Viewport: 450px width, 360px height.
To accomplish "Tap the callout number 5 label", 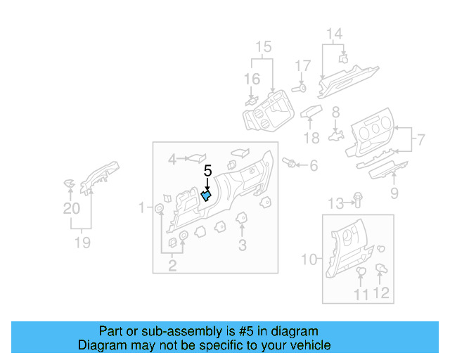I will coord(207,171).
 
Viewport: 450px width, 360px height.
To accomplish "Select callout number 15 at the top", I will coord(263,48).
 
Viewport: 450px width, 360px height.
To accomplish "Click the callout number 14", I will coord(333,34).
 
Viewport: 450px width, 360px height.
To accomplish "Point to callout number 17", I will coord(302,67).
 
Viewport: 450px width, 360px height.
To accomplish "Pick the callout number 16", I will coord(252,79).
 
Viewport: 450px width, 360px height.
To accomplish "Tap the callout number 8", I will coord(335,112).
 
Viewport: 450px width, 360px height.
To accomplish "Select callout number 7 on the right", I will coord(420,139).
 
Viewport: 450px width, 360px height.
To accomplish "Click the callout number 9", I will coord(394,193).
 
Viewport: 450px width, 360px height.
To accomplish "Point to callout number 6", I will coord(313,165).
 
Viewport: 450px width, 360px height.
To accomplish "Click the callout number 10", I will coord(309,259).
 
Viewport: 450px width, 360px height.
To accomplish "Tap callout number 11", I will coord(360,295).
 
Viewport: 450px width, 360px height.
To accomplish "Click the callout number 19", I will coord(83,243).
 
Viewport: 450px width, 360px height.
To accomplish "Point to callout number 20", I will coord(71,209).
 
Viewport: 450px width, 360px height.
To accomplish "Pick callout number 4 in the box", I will coord(172,160).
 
